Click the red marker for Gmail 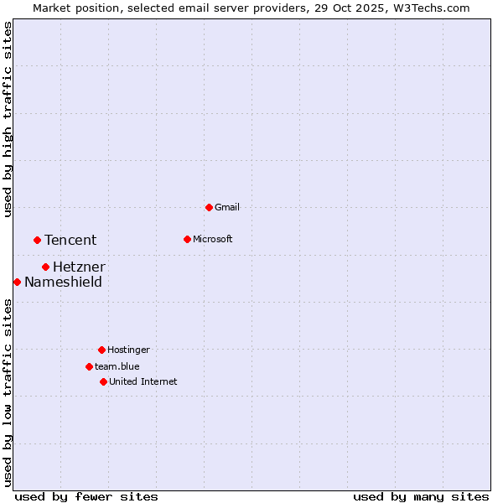(x=209, y=207)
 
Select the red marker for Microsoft (x=187, y=239)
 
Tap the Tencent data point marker (x=37, y=240)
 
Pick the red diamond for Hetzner (x=45, y=267)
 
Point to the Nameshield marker (x=17, y=282)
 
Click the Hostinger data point (x=101, y=350)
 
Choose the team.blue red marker (x=89, y=366)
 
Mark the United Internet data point (x=103, y=381)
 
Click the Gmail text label (x=227, y=207)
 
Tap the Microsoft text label (x=213, y=239)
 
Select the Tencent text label (x=70, y=240)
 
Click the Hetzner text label (x=79, y=267)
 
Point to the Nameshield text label (x=63, y=282)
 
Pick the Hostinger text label (x=128, y=350)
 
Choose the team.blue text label (x=117, y=366)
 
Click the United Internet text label (x=143, y=381)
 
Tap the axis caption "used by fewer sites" (x=86, y=496)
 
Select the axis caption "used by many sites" (x=421, y=496)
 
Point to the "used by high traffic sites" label (x=8, y=119)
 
